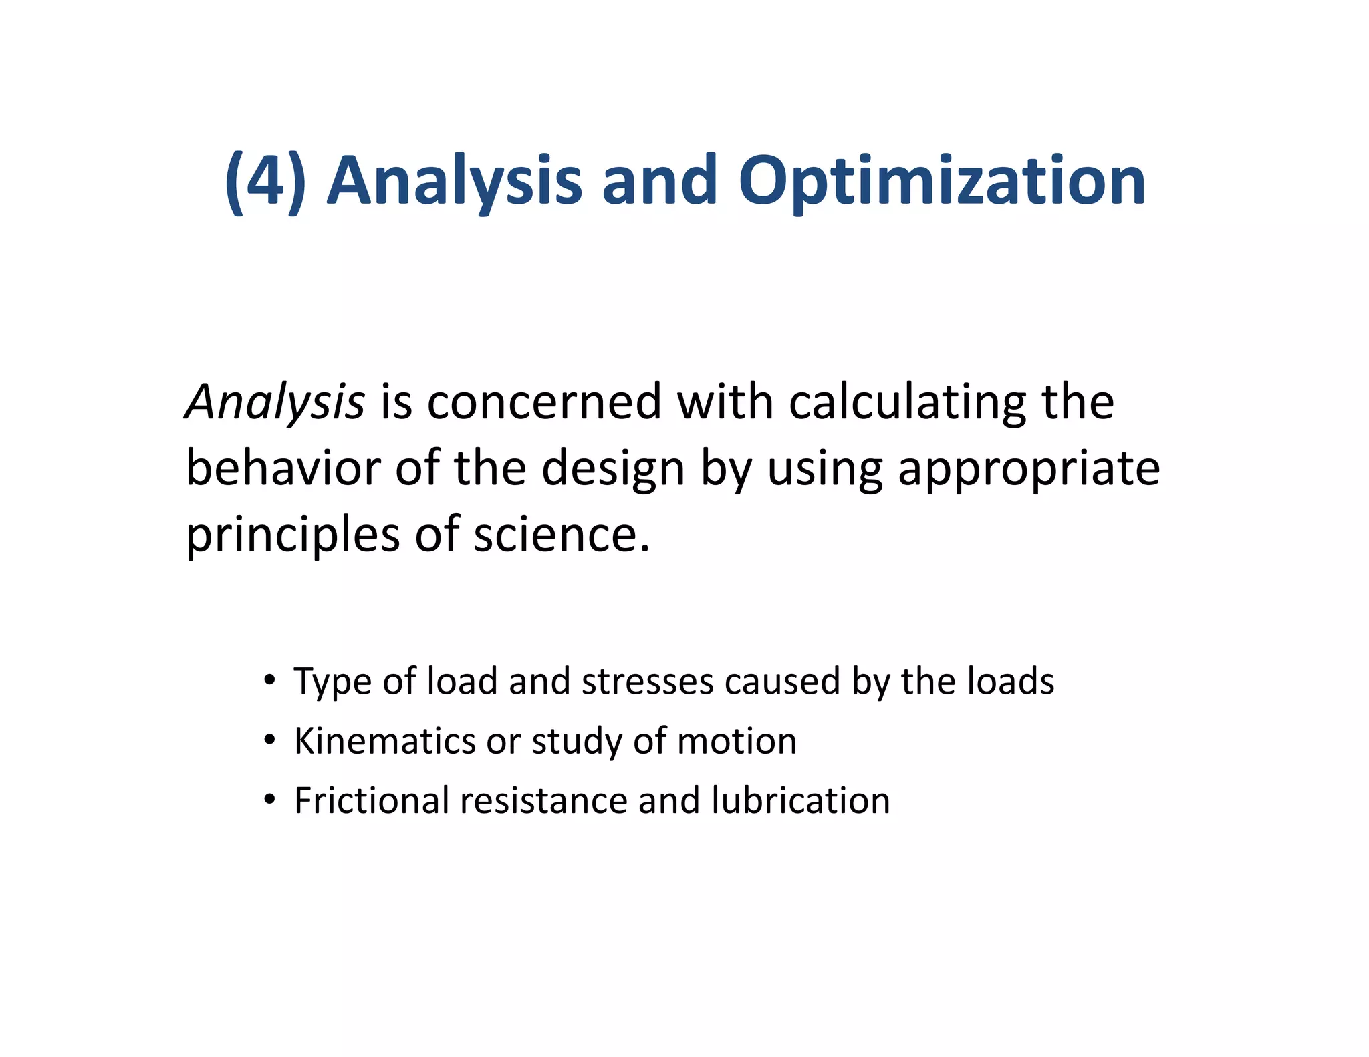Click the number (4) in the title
265,180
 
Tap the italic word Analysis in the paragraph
275,402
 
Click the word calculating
907,402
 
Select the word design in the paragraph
613,469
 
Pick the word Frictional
372,800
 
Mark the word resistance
543,800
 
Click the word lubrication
800,800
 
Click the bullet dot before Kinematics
269,740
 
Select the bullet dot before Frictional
269,800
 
